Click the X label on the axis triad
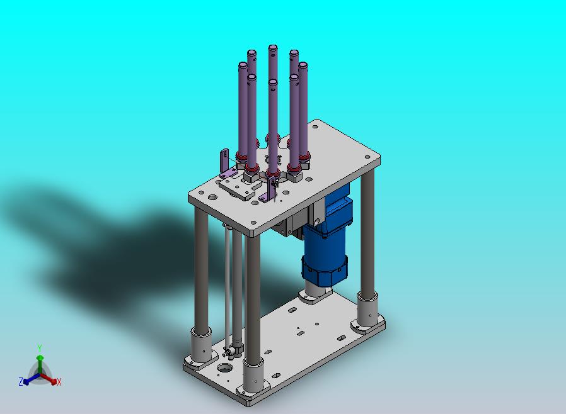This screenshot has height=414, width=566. point(59,383)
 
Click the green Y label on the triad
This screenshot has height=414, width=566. point(40,348)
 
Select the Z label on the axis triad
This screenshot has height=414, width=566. point(21,381)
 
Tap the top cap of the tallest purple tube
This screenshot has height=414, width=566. point(272,47)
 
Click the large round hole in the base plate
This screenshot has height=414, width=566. point(224,368)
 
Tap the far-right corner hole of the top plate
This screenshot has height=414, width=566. point(368,157)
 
